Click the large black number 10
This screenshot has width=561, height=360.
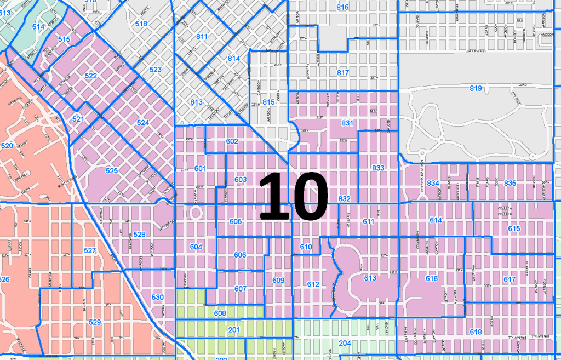click(293, 196)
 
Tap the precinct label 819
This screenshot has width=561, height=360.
click(475, 88)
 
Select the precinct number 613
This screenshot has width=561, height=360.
click(370, 278)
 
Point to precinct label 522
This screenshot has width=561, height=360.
click(91, 76)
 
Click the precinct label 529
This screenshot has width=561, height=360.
click(94, 322)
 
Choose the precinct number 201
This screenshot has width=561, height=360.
click(234, 330)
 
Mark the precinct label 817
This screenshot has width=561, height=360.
click(343, 72)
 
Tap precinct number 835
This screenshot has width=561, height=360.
click(510, 182)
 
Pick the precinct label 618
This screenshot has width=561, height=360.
click(476, 332)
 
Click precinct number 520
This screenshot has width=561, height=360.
click(7, 146)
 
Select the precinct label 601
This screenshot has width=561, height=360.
click(199, 168)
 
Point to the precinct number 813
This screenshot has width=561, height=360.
click(196, 102)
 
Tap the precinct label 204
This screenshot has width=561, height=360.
click(345, 343)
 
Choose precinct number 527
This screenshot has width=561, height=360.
click(90, 250)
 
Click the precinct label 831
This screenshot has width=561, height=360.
click(347, 123)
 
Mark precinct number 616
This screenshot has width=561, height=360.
click(432, 279)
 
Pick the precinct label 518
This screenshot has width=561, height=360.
click(141, 24)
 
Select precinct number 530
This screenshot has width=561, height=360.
click(157, 297)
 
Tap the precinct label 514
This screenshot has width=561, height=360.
click(38, 26)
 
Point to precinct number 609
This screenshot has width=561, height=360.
click(278, 281)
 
